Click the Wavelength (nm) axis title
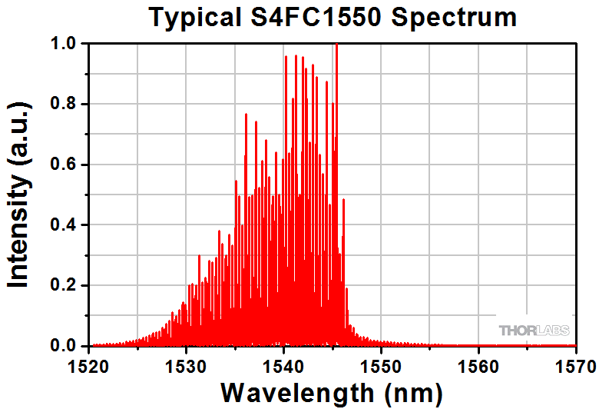tap(332, 392)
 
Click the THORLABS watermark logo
tap(534, 331)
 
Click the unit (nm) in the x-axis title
tap(413, 392)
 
